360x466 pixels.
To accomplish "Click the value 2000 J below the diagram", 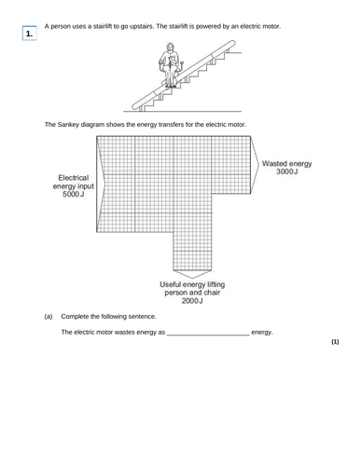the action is pyautogui.click(x=191, y=301).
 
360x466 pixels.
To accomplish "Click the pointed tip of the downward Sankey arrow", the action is pyautogui.click(x=191, y=277).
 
